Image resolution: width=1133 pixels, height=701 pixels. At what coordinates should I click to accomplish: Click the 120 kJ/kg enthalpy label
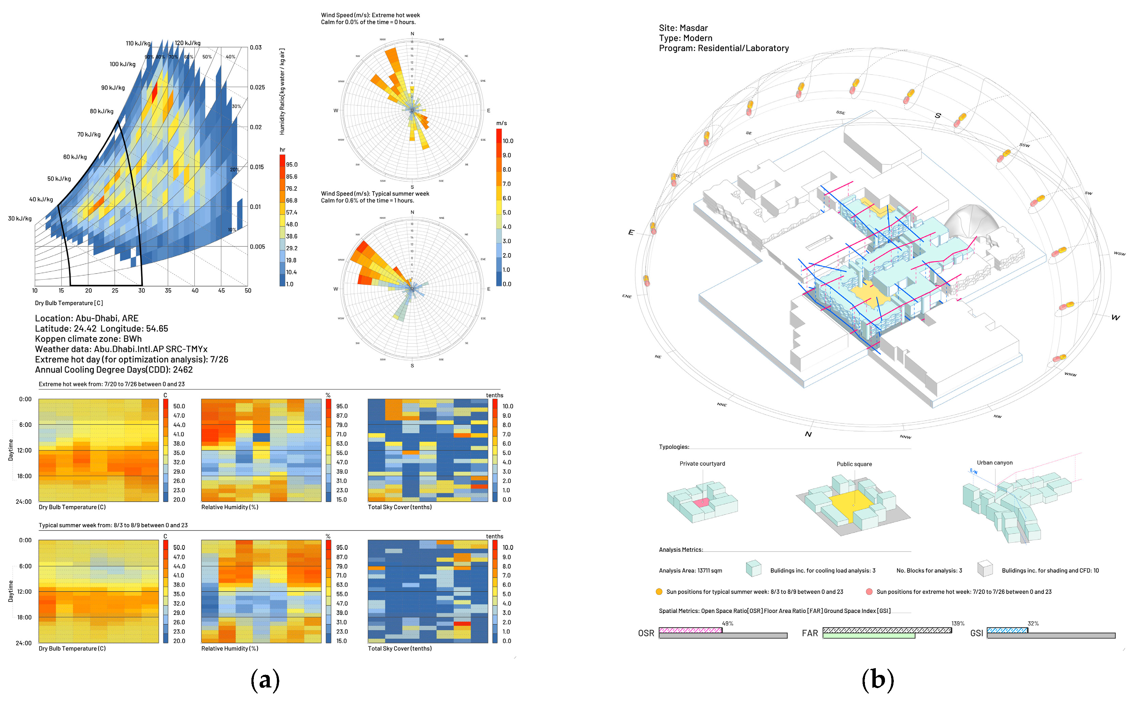(x=187, y=43)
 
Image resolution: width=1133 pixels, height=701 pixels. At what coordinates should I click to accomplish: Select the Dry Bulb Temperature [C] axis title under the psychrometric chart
(x=69, y=303)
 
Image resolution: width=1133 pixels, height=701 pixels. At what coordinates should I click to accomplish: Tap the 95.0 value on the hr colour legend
(x=291, y=165)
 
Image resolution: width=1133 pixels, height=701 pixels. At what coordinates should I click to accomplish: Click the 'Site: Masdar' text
(x=683, y=28)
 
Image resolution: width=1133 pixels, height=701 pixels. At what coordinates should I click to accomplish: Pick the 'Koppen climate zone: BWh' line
(x=88, y=339)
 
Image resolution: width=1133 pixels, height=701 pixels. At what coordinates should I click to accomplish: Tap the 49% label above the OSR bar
(x=727, y=624)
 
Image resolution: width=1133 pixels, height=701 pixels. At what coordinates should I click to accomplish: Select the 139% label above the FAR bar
(x=957, y=624)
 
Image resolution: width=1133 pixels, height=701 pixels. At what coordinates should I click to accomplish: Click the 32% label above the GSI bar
(x=1033, y=624)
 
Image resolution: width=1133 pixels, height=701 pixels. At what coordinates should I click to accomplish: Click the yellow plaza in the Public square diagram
(x=852, y=506)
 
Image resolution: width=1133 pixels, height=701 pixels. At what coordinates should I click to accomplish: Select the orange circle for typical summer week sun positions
(x=659, y=592)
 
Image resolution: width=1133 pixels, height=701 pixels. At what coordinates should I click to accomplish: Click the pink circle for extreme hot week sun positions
(x=869, y=592)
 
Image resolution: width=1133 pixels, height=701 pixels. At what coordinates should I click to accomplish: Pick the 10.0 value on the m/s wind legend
(x=508, y=141)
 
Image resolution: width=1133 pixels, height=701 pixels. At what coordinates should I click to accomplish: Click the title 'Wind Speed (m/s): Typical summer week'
(x=375, y=194)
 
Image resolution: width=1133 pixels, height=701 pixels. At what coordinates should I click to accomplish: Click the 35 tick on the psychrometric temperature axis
(x=168, y=291)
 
